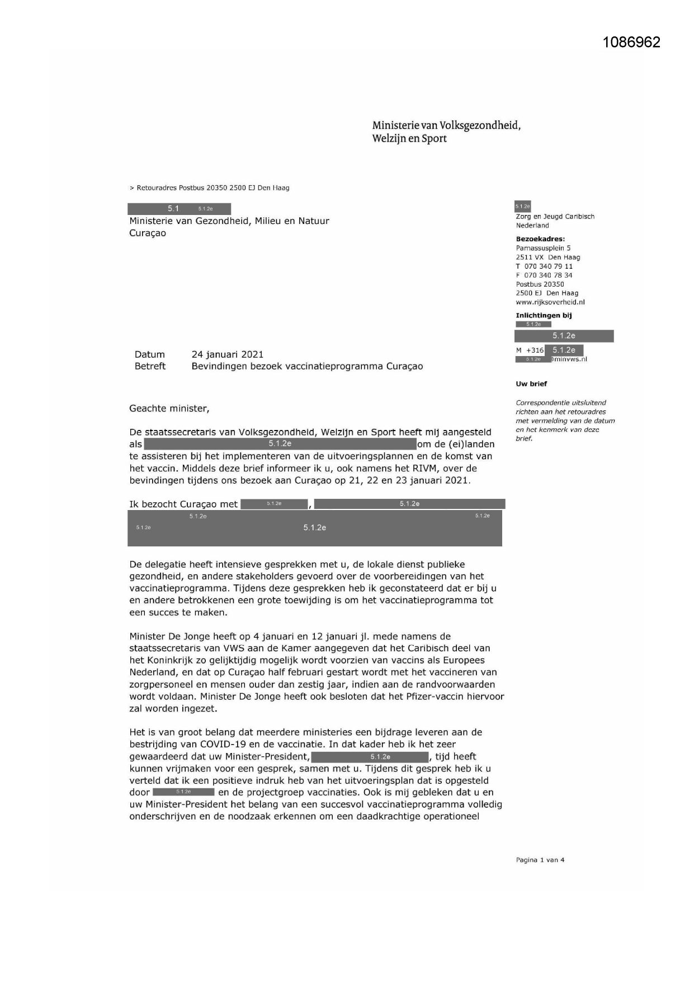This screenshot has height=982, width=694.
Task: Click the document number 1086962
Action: coord(631,43)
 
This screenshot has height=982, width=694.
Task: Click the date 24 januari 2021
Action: coord(227,354)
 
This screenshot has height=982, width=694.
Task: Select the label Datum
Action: coord(149,354)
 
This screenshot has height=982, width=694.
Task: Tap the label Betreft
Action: coord(150,366)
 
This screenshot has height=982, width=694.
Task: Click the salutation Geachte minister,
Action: coord(169,409)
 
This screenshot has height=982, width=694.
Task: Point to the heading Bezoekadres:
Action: coord(540,239)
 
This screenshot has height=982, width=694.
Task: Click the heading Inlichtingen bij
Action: coord(543,315)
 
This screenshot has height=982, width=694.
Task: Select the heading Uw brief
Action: coord(531,384)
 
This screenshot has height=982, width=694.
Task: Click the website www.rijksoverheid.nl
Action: coord(550,302)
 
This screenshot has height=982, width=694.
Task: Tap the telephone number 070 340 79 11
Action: coord(548,266)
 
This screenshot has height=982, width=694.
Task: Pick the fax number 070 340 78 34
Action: coord(548,275)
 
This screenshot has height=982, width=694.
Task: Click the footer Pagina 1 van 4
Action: coord(540,860)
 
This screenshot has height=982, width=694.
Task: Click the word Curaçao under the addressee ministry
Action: coord(148,233)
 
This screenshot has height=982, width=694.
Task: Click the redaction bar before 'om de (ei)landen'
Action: coord(280,444)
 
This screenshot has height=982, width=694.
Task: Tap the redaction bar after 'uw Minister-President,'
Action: coord(370,757)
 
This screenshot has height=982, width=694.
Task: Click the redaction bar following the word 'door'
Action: coord(183,792)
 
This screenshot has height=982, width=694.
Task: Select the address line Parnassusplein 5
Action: coord(543,248)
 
